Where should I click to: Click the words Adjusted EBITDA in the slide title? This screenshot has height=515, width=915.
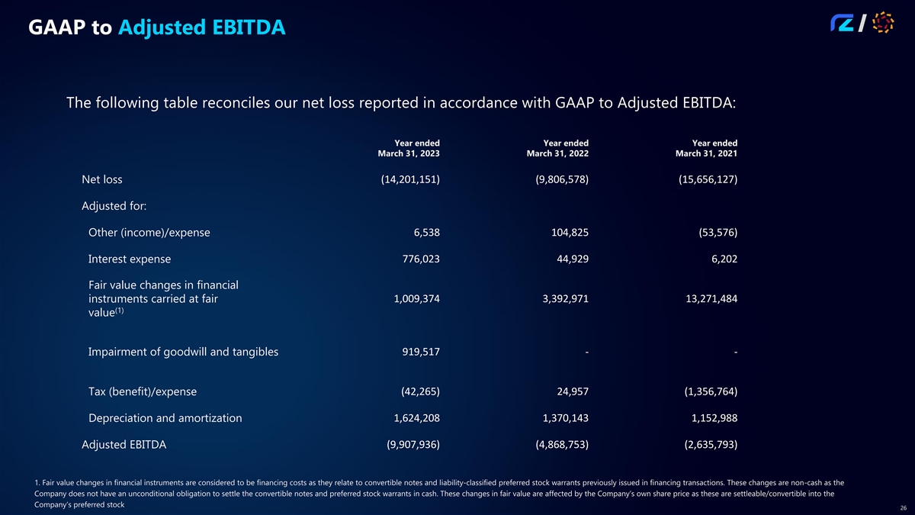tap(202, 28)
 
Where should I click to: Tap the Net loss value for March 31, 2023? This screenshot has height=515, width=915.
tap(410, 180)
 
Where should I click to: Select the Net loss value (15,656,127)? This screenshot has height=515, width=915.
tap(708, 180)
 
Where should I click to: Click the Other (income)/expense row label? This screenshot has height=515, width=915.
tap(149, 233)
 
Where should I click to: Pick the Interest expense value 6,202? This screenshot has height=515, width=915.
tap(721, 259)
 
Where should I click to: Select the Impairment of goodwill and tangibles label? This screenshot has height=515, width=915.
tap(183, 352)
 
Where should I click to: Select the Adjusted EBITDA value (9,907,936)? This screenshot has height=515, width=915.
tap(410, 445)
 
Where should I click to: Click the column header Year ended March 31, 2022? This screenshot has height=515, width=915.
tap(558, 148)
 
